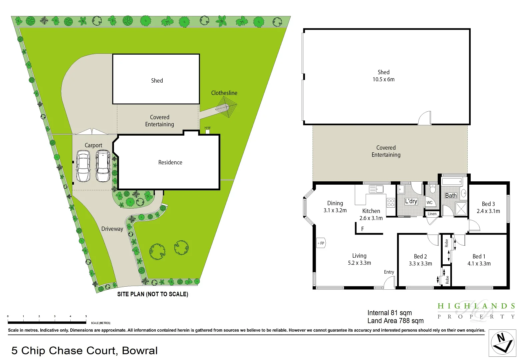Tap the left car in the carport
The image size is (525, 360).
(83, 166)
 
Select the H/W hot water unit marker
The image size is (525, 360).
(207, 131)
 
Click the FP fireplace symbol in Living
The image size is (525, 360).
(321, 243)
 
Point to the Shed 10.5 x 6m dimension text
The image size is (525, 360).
(383, 79)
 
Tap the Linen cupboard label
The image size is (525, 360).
(432, 214)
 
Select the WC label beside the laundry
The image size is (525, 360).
(430, 202)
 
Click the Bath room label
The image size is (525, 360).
(451, 196)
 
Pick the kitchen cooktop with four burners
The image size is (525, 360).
(391, 203)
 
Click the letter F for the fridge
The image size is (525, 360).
(362, 229)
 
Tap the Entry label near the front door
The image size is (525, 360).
(389, 272)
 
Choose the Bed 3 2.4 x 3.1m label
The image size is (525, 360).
(488, 207)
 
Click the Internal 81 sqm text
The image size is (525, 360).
(389, 313)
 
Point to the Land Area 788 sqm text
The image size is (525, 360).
(395, 321)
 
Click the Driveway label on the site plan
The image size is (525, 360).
(112, 229)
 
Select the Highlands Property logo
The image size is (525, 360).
(476, 311)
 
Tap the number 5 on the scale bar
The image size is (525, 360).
(86, 316)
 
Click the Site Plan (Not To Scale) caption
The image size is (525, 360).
(153, 294)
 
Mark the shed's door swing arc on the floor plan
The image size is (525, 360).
(424, 118)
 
